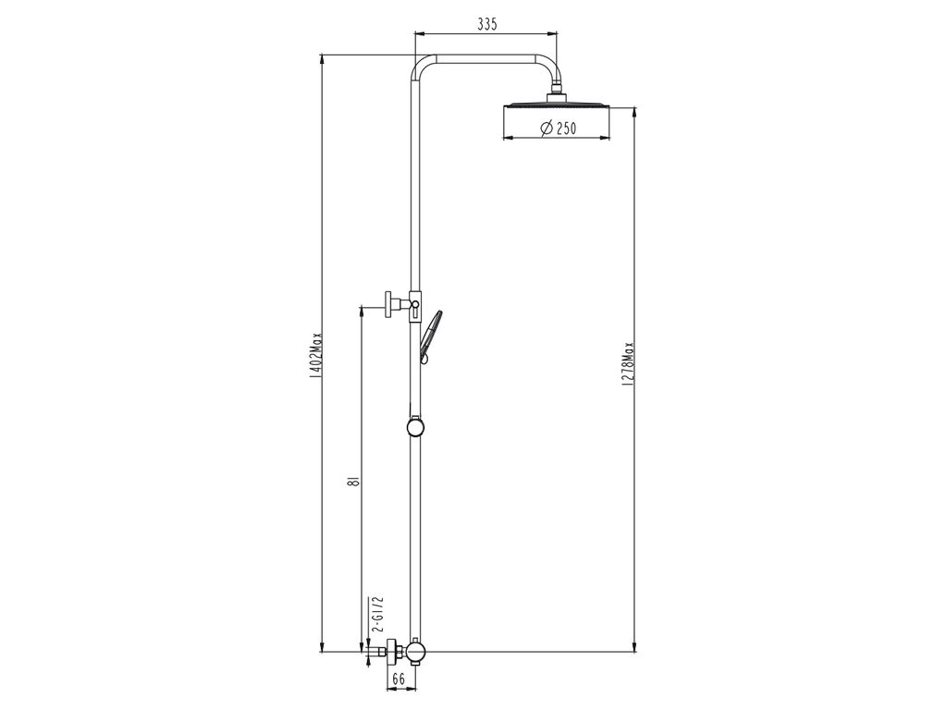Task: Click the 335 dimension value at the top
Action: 487,25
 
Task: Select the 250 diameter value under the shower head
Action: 565,129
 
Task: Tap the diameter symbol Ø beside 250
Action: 545,129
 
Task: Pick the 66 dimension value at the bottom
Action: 399,679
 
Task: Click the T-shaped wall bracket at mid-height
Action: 393,303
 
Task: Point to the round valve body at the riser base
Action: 415,653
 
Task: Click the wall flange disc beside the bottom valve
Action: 392,653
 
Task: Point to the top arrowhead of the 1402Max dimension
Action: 321,57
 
